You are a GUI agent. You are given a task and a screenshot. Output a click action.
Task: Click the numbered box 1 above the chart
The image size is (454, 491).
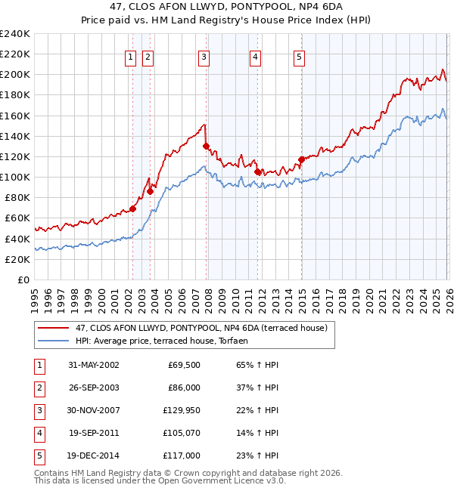(131, 57)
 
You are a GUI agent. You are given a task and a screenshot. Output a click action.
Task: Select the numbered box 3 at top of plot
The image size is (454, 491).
(204, 57)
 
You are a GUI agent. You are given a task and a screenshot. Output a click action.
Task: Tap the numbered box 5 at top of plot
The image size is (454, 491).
(300, 57)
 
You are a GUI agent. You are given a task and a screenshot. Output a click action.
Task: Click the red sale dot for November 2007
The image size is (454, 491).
(206, 146)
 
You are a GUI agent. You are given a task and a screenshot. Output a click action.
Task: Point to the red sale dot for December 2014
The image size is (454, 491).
(301, 159)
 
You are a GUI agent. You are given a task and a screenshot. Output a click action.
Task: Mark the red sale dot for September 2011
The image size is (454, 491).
(257, 171)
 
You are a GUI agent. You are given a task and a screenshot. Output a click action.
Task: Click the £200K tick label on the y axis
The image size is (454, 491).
(14, 74)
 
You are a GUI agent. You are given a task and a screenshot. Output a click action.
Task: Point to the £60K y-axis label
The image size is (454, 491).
(17, 218)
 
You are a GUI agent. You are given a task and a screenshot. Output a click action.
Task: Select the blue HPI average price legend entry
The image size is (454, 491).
(166, 341)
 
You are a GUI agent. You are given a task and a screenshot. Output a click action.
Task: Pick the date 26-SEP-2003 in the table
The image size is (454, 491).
(94, 387)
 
